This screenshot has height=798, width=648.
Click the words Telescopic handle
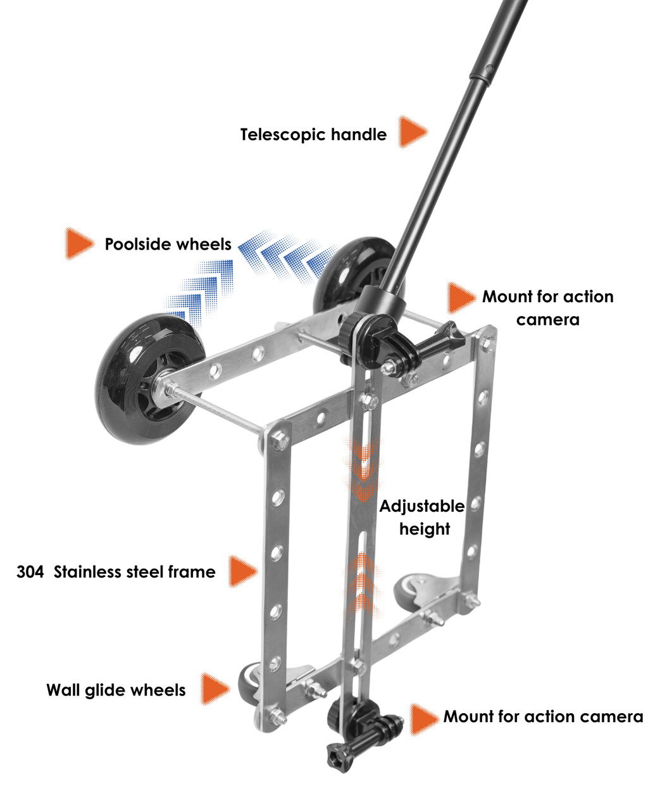point(313,134)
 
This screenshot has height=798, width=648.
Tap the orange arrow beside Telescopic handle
point(412,132)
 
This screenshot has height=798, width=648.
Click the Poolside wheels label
point(168,244)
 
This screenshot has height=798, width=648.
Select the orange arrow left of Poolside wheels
point(79,244)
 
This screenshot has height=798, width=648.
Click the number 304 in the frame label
point(30,572)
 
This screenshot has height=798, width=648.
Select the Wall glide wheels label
point(116,690)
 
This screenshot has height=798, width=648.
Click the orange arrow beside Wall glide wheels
point(215,688)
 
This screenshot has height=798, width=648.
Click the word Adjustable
point(422,506)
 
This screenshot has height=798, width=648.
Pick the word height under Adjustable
point(425,529)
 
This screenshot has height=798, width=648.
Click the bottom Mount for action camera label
point(543,716)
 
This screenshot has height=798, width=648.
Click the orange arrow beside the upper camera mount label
point(461,298)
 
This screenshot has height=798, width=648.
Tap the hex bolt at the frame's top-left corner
point(280,441)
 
